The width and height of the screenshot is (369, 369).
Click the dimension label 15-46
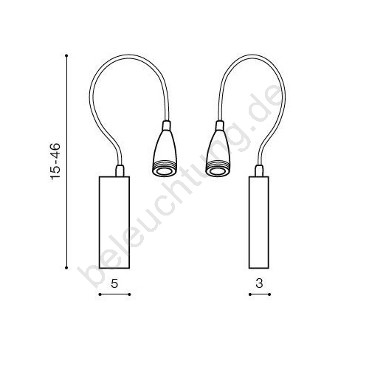(x=55, y=162)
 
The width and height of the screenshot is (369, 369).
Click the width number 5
(x=114, y=283)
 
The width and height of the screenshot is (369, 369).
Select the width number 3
(x=259, y=283)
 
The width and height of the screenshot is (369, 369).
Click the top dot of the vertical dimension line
(x=66, y=56)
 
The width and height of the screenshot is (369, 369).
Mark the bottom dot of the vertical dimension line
(x=66, y=268)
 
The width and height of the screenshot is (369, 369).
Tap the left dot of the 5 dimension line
(x=100, y=294)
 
